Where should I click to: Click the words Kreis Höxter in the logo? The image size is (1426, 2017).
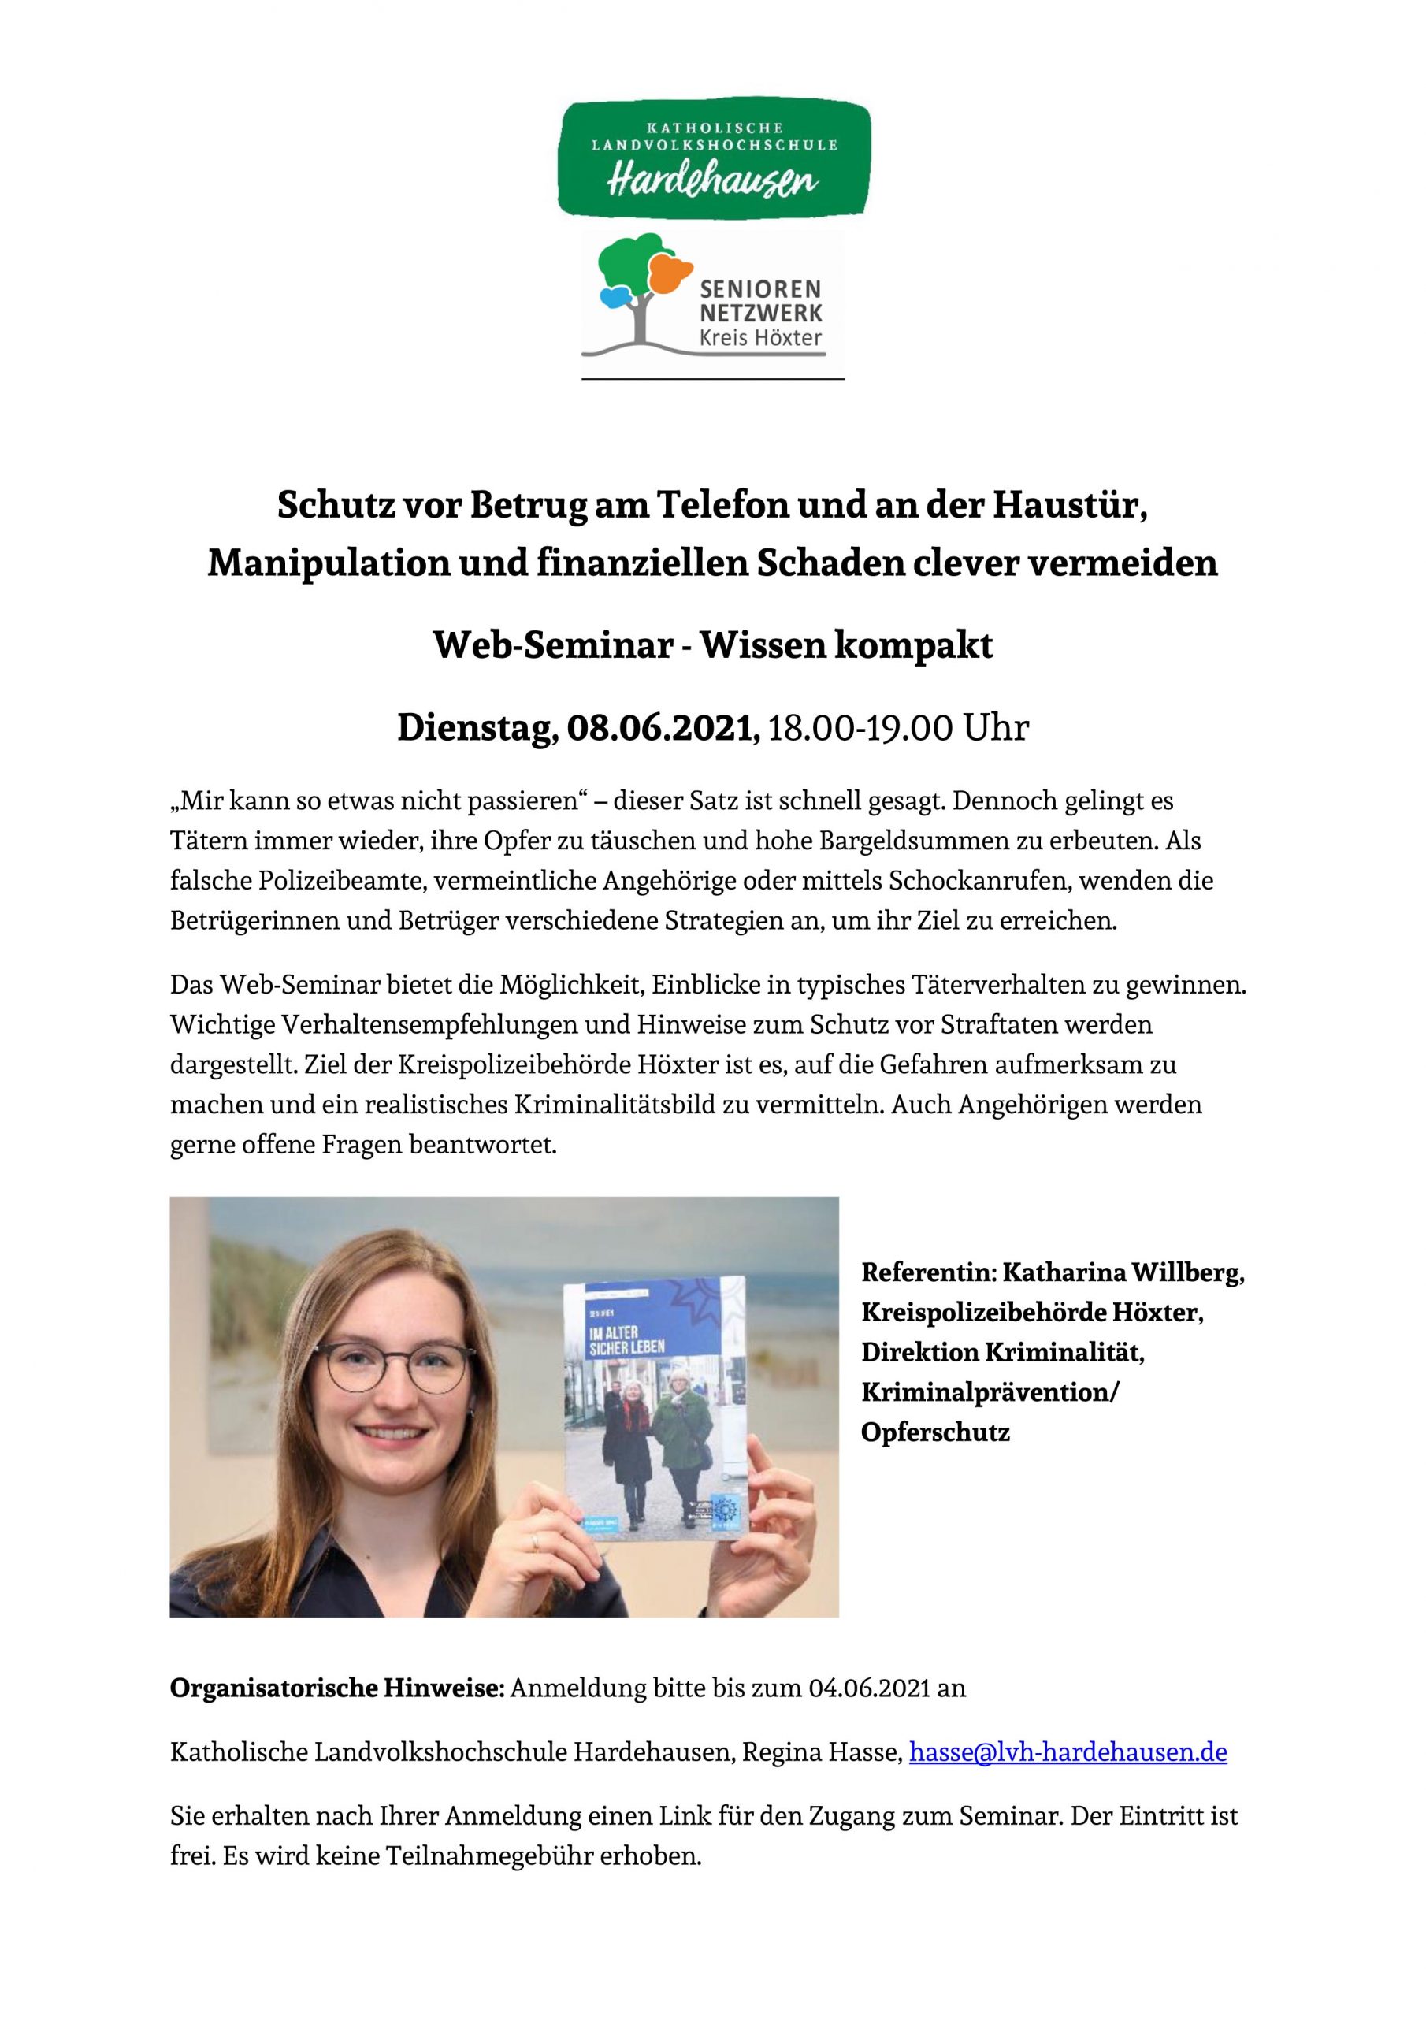[761, 337]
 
